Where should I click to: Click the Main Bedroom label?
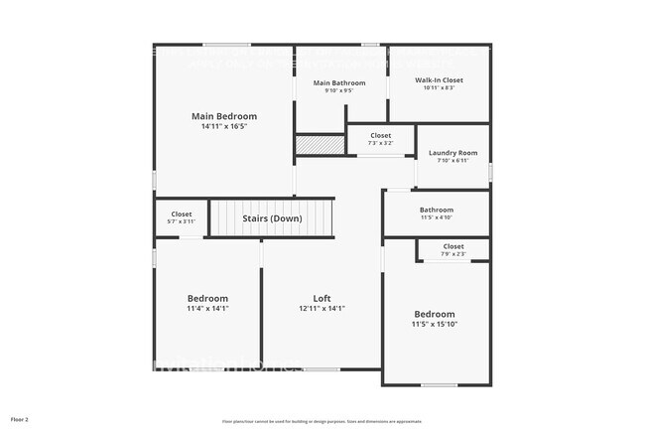(x=224, y=116)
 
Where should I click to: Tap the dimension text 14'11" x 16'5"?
(x=224, y=127)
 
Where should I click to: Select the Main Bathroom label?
(x=339, y=82)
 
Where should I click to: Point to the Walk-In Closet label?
(x=439, y=79)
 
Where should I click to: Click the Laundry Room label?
(x=453, y=153)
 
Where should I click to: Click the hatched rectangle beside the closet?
(x=319, y=145)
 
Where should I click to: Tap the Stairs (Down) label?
(x=273, y=218)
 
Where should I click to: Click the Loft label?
(x=322, y=298)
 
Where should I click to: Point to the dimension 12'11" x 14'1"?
(x=322, y=308)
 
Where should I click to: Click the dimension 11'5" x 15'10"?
(x=435, y=324)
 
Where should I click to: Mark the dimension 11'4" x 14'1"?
(x=208, y=308)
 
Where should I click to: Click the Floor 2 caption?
(x=20, y=420)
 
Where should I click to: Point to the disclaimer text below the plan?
(x=322, y=421)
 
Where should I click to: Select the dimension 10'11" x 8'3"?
(x=439, y=88)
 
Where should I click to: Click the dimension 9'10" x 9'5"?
(x=339, y=91)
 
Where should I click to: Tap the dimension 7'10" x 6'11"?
(x=453, y=161)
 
